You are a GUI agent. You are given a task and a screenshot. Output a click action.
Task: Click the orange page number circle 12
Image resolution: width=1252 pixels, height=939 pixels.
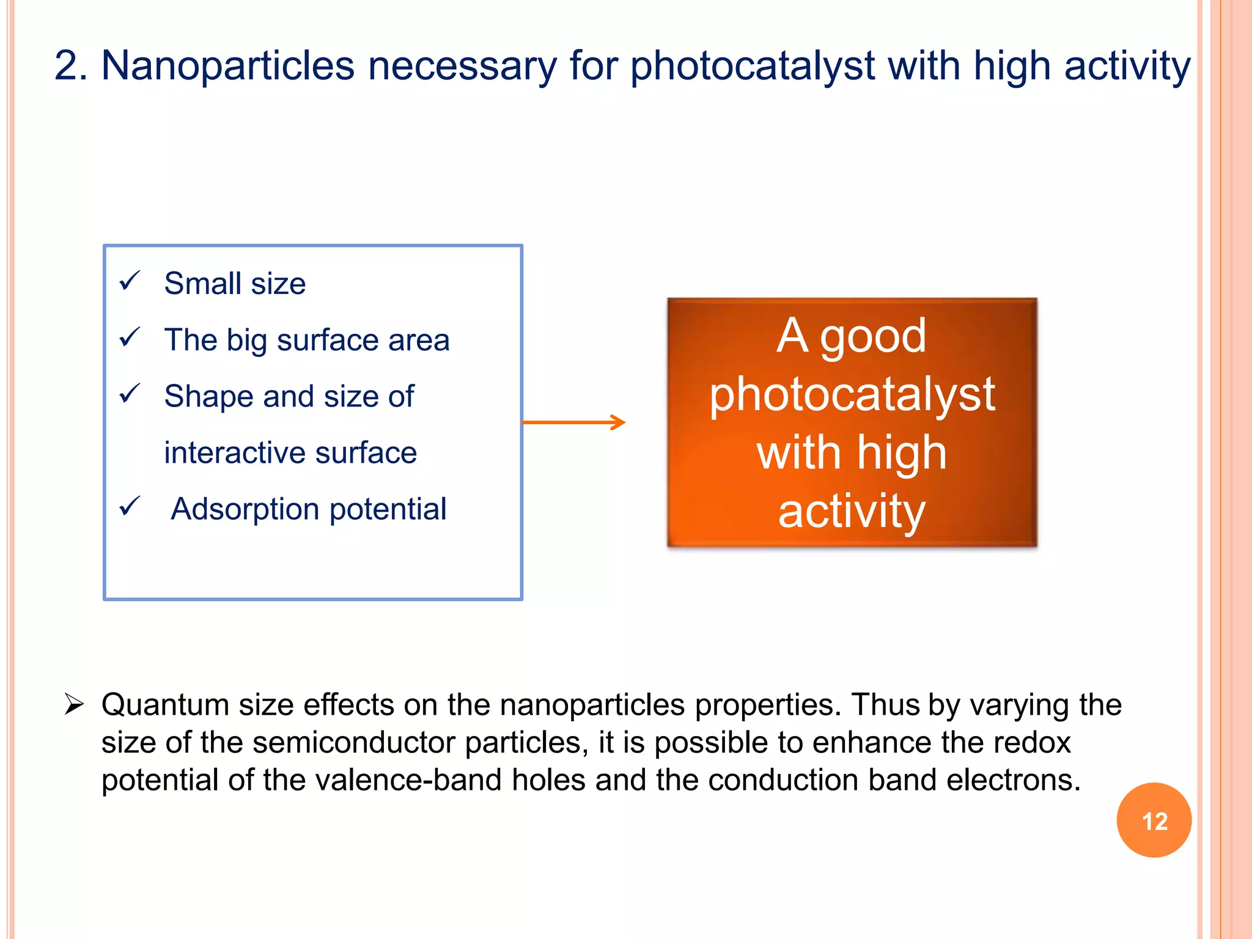click(x=1154, y=820)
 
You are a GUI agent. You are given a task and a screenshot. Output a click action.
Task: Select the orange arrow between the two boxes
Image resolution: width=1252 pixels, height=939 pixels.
click(x=573, y=422)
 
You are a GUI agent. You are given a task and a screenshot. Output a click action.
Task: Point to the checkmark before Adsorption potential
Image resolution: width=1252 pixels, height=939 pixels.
click(x=130, y=506)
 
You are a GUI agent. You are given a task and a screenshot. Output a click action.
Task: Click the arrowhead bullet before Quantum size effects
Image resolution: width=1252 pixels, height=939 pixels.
click(x=74, y=705)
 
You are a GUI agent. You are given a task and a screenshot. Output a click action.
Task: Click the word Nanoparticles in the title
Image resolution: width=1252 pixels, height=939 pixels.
click(x=227, y=65)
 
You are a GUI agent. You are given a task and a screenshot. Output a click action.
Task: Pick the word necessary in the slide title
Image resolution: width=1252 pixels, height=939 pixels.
click(x=462, y=65)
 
